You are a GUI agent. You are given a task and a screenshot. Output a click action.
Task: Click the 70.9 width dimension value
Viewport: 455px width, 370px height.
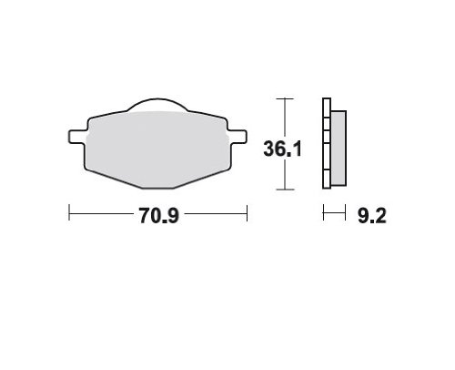(x=159, y=216)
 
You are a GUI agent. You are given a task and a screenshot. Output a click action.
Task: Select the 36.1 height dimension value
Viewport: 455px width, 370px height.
(x=282, y=149)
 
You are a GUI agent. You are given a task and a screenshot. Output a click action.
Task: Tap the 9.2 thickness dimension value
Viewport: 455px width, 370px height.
(x=372, y=216)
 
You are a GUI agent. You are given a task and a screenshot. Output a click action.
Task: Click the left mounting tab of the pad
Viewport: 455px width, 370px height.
(x=77, y=137)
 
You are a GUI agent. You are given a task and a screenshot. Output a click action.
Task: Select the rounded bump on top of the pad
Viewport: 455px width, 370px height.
(x=157, y=104)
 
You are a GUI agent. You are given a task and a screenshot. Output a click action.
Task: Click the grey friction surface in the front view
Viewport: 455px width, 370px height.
(x=157, y=149)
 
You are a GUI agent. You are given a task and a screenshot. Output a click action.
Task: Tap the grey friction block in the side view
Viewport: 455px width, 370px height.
(x=339, y=148)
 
